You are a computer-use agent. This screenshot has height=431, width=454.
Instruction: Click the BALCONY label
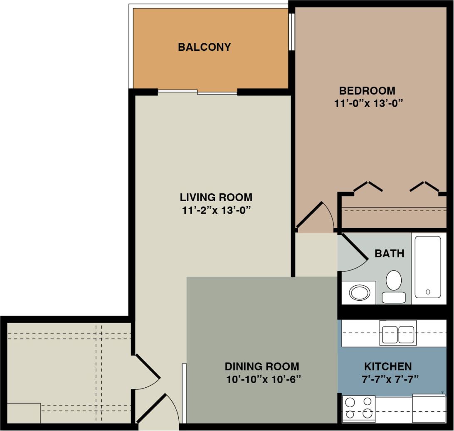204,47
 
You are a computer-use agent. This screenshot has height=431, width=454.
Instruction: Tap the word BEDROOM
367,90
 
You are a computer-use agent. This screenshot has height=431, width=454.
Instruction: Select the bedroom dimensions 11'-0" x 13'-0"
369,103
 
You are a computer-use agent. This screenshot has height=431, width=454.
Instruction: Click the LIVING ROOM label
216,197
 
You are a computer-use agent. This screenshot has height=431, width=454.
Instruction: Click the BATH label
389,253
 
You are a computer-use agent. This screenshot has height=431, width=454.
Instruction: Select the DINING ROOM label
262,366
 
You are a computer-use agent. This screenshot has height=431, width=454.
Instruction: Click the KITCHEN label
387,366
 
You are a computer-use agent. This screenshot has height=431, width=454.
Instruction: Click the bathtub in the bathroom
427,267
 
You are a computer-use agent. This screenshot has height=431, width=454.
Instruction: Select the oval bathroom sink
359,293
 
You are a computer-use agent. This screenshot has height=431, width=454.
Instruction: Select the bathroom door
353,254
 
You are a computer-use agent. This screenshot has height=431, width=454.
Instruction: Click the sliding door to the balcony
198,92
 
